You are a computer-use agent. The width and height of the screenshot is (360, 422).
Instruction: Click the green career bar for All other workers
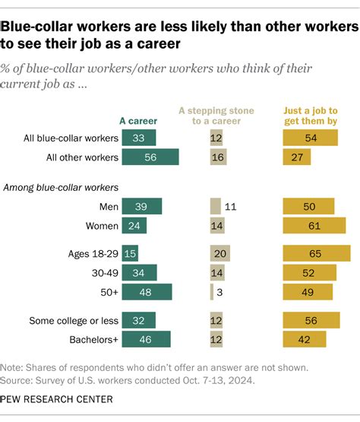(150, 157)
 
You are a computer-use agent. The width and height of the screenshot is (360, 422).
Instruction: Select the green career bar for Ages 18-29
(129, 253)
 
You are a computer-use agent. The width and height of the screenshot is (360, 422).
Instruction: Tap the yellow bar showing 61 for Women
(314, 225)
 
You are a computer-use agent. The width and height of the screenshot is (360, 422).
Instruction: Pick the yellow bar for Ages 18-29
(317, 253)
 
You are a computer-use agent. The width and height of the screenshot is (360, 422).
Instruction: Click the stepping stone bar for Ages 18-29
(220, 253)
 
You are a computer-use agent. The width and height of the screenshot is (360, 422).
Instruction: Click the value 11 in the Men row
(231, 206)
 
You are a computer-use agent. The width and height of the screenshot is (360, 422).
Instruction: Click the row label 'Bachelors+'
(90, 339)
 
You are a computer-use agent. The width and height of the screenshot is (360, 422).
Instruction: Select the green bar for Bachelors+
(146, 339)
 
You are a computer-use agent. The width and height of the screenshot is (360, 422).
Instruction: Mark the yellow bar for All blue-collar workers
(310, 138)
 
